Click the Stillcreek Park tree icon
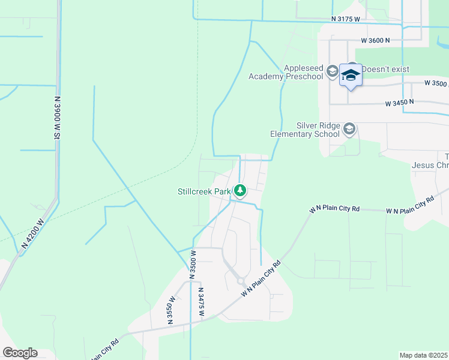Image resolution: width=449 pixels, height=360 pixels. pyautogui.click(x=240, y=191)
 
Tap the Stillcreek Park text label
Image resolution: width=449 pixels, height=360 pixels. pyautogui.click(x=204, y=192)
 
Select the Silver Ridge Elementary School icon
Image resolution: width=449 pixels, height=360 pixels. pyautogui.click(x=349, y=128)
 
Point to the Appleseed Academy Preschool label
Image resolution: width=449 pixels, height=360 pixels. pyautogui.click(x=285, y=72)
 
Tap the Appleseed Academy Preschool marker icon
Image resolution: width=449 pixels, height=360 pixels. pyautogui.click(x=331, y=72)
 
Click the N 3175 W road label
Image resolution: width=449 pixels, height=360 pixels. pyautogui.click(x=345, y=19)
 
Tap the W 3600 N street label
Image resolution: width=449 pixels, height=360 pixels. pyautogui.click(x=376, y=40)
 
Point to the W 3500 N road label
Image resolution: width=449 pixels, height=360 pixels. pyautogui.click(x=436, y=83)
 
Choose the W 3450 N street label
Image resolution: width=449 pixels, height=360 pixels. pyautogui.click(x=400, y=103)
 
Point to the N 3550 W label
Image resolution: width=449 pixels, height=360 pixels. pyautogui.click(x=171, y=310)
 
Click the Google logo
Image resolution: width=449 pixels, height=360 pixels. pyautogui.click(x=20, y=353)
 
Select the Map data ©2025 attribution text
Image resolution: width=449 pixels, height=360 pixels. pyautogui.click(x=424, y=355)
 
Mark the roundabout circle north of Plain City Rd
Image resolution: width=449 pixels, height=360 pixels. pyautogui.click(x=240, y=280)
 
